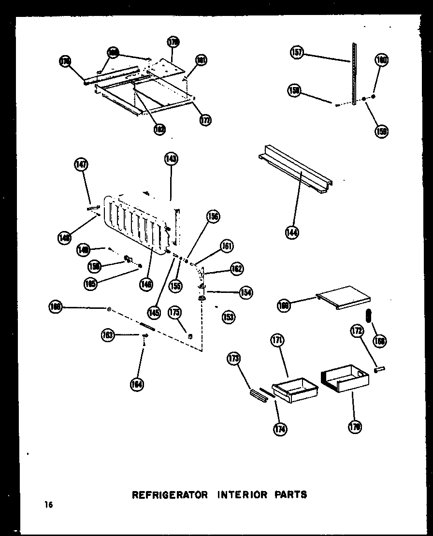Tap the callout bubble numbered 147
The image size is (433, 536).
pyautogui.click(x=81, y=165)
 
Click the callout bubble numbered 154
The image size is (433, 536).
pyautogui.click(x=245, y=292)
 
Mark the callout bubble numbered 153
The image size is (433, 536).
pyautogui.click(x=228, y=317)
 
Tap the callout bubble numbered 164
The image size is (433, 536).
pyautogui.click(x=137, y=385)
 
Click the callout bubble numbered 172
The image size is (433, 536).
pyautogui.click(x=356, y=332)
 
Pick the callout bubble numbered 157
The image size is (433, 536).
pyautogui.click(x=297, y=52)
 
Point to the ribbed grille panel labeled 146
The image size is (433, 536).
pyautogui.click(x=136, y=223)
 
